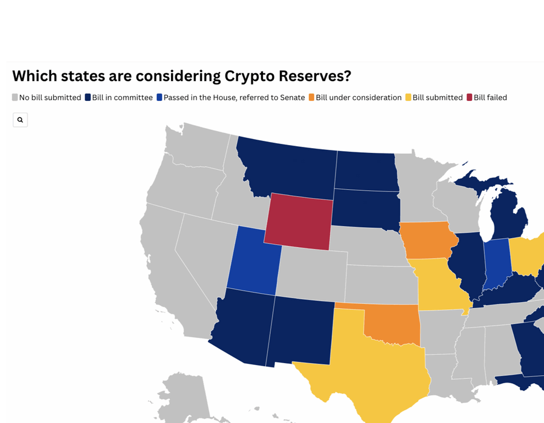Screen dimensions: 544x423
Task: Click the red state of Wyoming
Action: pos(299,221)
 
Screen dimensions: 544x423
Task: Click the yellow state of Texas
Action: pos(378,367)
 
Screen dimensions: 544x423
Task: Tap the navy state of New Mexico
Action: pos(300,331)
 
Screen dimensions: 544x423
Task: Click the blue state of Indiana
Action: pos(497,264)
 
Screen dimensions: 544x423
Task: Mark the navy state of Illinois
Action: pos(467,263)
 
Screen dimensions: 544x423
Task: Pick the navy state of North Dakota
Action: pos(367,171)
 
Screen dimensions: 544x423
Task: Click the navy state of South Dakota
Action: pos(366,208)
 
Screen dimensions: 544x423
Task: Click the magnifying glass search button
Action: pos(20,120)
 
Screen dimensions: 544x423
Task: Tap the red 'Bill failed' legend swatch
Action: pos(470,97)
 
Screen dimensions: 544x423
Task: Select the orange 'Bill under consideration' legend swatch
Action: pos(311,97)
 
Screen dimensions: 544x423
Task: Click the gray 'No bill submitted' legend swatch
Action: pos(15,97)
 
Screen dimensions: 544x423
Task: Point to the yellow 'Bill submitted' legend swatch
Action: pos(409,97)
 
